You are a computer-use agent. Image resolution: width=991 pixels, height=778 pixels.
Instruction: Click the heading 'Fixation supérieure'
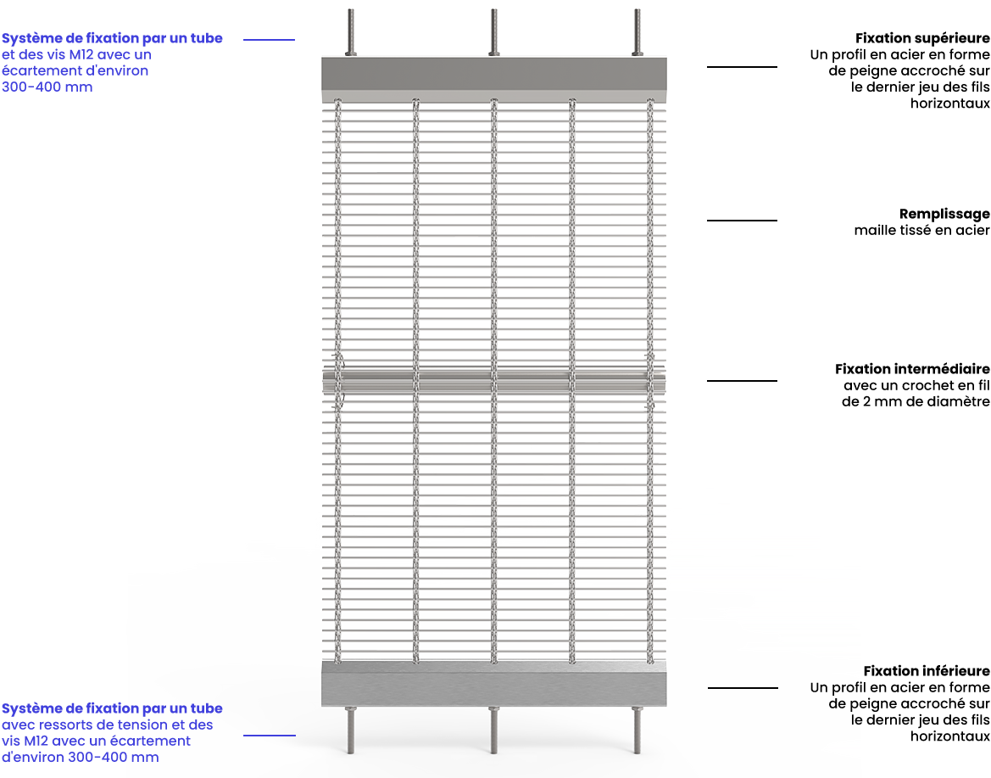coord(922,38)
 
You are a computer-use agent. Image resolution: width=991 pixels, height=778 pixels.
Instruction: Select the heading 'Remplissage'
coord(944,215)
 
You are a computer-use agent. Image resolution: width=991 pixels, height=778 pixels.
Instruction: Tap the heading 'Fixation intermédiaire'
coord(912,369)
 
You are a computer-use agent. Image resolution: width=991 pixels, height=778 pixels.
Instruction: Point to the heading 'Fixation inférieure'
coord(927,671)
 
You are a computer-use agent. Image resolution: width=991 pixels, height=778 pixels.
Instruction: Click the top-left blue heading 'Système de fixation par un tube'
coord(112,38)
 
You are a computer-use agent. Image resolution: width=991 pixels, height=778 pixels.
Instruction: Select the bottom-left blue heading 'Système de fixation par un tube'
coord(112,708)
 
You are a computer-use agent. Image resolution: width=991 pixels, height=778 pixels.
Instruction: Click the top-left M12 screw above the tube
coord(351,33)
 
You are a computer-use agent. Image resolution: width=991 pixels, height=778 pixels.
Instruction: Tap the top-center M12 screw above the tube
coord(493,33)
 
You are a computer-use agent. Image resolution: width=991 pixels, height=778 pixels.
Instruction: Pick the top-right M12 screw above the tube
coord(637,33)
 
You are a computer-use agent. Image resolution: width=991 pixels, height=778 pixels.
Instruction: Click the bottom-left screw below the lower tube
coord(351,730)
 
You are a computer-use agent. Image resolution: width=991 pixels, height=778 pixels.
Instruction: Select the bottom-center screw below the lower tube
coord(493,730)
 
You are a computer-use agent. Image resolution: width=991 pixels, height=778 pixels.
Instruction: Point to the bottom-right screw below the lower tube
coord(637,730)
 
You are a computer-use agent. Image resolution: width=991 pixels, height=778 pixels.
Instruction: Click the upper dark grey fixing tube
coord(493,76)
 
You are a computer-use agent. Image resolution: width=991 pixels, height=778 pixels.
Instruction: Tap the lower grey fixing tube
coord(493,684)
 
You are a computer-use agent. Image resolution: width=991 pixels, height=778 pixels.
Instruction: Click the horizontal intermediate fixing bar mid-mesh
coord(493,382)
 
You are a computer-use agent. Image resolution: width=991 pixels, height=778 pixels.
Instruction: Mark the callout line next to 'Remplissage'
coord(742,221)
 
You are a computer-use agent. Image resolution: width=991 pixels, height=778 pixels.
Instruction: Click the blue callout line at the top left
coord(270,40)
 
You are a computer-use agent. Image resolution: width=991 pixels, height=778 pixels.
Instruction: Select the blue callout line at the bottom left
coord(270,736)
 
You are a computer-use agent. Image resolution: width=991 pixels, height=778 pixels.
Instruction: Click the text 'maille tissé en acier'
coord(922,231)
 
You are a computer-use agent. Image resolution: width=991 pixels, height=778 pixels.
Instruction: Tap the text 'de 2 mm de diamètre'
coord(916,401)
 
